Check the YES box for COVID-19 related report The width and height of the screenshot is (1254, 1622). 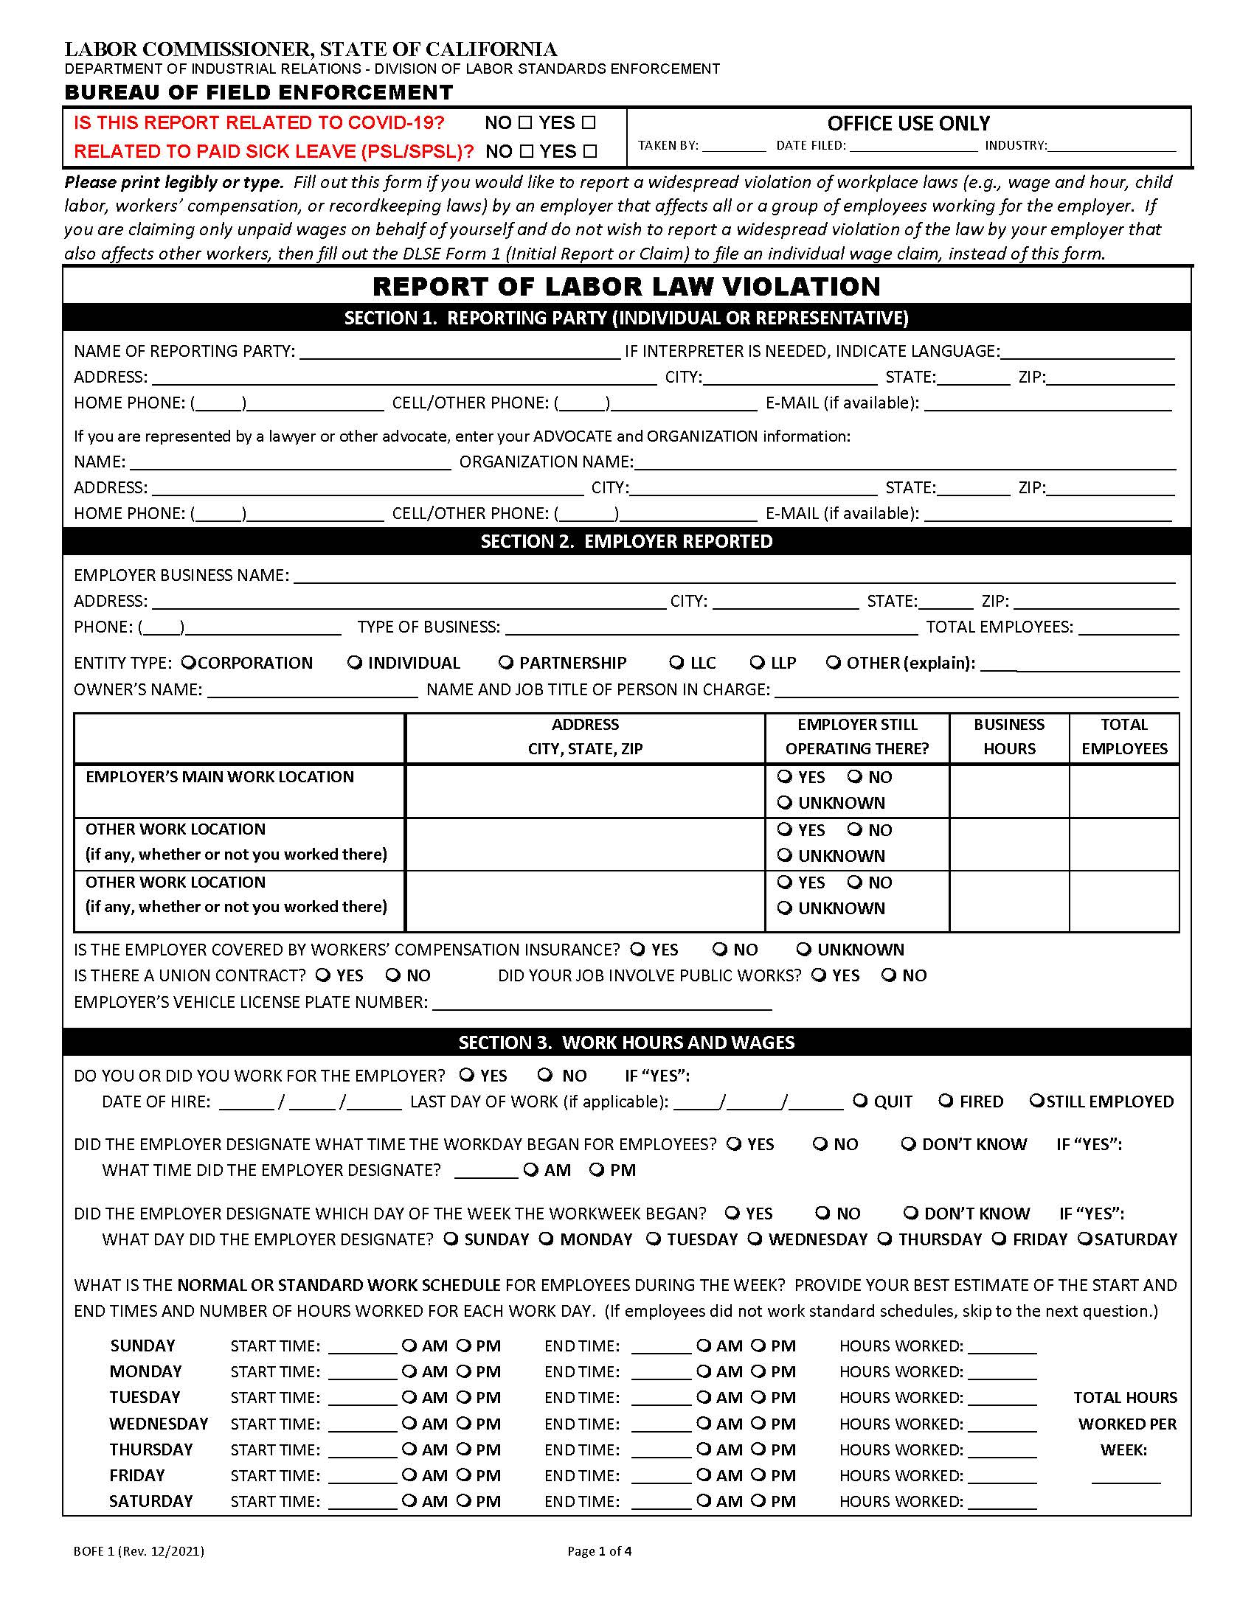pyautogui.click(x=589, y=122)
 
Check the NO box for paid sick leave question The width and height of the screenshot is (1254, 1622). pyautogui.click(x=527, y=151)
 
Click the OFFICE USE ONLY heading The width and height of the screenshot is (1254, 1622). pyautogui.click(x=909, y=123)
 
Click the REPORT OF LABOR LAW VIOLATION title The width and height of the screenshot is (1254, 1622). pyautogui.click(x=626, y=286)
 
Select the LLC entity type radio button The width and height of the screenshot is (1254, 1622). pyautogui.click(x=676, y=662)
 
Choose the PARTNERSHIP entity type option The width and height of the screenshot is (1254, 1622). pyautogui.click(x=506, y=662)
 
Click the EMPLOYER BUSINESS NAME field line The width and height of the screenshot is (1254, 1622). pyautogui.click(x=734, y=577)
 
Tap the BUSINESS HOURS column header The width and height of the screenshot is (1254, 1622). pyautogui.click(x=1008, y=736)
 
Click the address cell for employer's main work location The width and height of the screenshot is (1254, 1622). pyautogui.click(x=585, y=790)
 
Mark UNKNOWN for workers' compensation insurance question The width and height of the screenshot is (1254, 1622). pyautogui.click(x=803, y=949)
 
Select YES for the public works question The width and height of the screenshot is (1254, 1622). pyautogui.click(x=818, y=975)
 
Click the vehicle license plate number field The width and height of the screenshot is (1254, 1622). pyautogui.click(x=602, y=1003)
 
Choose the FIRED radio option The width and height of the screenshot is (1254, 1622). pyautogui.click(x=946, y=1101)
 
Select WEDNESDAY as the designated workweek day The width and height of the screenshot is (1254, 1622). pyautogui.click(x=755, y=1239)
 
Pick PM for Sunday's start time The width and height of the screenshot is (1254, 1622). pyautogui.click(x=463, y=1346)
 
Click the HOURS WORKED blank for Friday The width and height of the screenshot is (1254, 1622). pyautogui.click(x=1002, y=1476)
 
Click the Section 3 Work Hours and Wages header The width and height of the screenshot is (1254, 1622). pyautogui.click(x=626, y=1042)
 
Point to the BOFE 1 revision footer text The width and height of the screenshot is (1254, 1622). pyautogui.click(x=138, y=1550)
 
